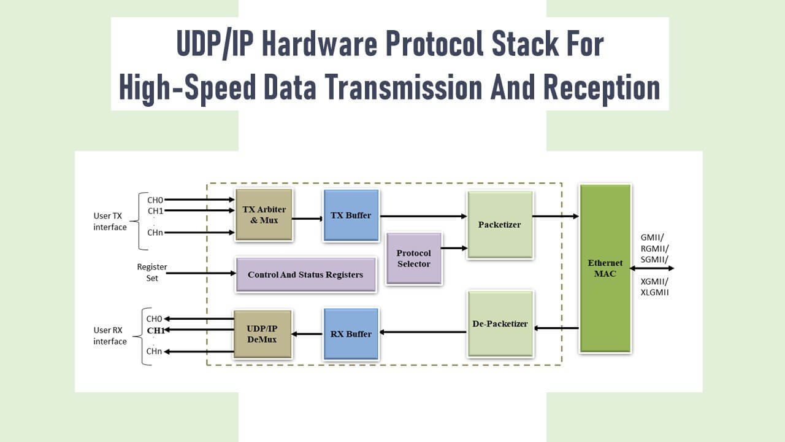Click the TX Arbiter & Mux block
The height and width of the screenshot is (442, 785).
pyautogui.click(x=264, y=215)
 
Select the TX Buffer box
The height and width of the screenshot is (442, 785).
pyautogui.click(x=351, y=215)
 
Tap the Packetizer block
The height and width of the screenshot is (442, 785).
pyautogui.click(x=499, y=225)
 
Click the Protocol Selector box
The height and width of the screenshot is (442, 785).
pyautogui.click(x=413, y=258)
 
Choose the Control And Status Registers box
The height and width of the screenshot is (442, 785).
pyautogui.click(x=305, y=274)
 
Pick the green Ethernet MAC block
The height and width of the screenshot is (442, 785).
pyautogui.click(x=605, y=268)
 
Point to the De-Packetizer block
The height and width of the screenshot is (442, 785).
pyautogui.click(x=500, y=324)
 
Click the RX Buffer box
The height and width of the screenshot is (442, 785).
pyautogui.click(x=351, y=334)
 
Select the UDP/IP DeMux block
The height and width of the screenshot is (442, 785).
pyautogui.click(x=262, y=334)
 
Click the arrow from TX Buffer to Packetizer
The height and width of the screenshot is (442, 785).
pyautogui.click(x=423, y=216)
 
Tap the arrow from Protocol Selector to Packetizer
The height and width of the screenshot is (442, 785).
pyautogui.click(x=454, y=248)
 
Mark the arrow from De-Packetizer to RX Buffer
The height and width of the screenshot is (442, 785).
pyautogui.click(x=423, y=332)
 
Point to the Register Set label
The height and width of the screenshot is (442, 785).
pyautogui.click(x=151, y=273)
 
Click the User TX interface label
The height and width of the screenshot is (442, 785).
pyautogui.click(x=110, y=222)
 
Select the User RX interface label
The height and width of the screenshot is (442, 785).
pyautogui.click(x=110, y=336)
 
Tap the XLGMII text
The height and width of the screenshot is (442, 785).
pyautogui.click(x=654, y=293)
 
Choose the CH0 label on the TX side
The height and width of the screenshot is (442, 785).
pyautogui.click(x=155, y=200)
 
